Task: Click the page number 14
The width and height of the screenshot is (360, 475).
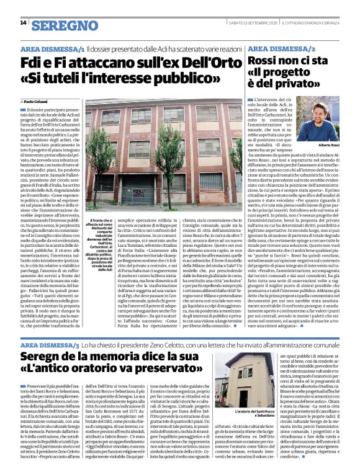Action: [23, 23]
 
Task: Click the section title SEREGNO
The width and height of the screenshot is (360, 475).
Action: [64, 25]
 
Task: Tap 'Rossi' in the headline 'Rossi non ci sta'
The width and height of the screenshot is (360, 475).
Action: [267, 63]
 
